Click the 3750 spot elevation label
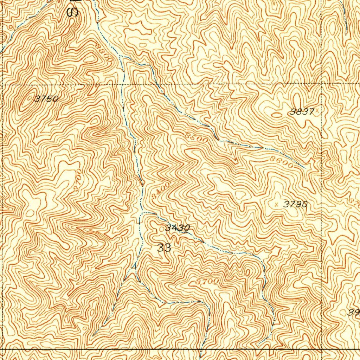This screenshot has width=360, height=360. point(46,99)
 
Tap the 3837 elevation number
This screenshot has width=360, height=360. point(302,112)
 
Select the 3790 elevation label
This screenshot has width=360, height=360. point(296,204)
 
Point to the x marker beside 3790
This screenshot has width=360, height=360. point(276,204)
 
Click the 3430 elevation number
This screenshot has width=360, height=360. point(178,228)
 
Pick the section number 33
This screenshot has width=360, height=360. point(164,248)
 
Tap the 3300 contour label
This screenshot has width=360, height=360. point(104,52)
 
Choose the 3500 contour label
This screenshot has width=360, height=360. point(197,137)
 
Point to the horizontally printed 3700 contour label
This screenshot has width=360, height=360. point(207,282)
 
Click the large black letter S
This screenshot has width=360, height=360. point(73,12)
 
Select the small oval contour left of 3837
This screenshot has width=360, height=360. point(277,115)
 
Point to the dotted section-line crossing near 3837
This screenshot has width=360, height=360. point(322,84)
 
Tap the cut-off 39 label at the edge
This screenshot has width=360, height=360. point(353,312)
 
